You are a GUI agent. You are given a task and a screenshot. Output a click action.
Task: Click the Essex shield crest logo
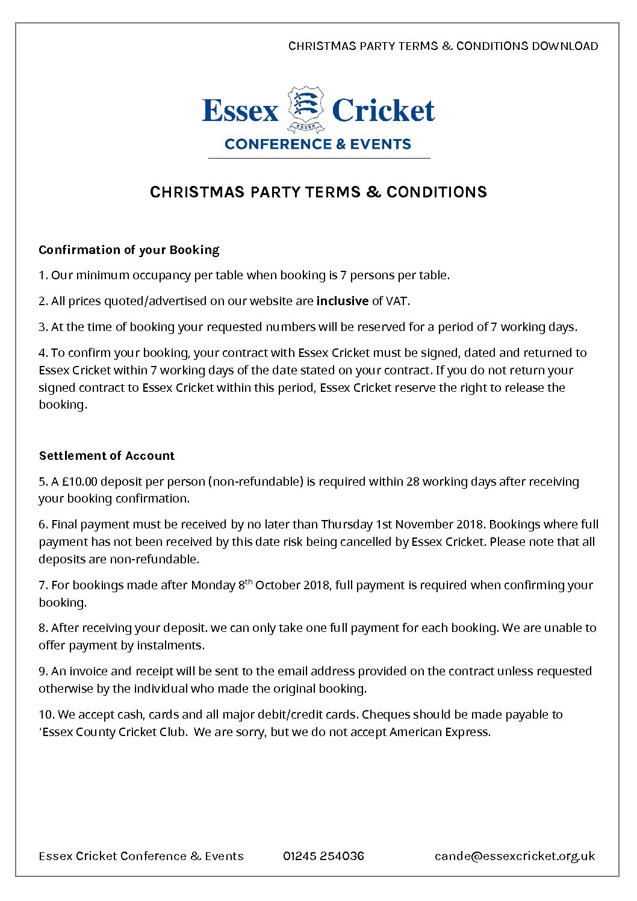(306, 108)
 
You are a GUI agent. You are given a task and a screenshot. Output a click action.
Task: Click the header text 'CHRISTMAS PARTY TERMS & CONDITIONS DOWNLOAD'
(443, 46)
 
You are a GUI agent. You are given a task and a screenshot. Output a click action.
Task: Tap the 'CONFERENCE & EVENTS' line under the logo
(318, 144)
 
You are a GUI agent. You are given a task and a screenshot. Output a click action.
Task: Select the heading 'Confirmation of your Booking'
(129, 250)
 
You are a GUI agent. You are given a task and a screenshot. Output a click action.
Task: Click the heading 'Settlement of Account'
(107, 456)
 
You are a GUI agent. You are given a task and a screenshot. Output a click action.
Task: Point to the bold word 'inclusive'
(342, 301)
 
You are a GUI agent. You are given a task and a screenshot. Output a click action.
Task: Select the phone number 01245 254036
(323, 856)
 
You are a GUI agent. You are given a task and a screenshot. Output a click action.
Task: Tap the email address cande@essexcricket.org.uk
(515, 856)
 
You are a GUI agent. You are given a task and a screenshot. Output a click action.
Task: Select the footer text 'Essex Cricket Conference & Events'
(141, 856)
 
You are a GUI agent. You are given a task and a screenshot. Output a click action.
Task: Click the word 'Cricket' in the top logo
(383, 110)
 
